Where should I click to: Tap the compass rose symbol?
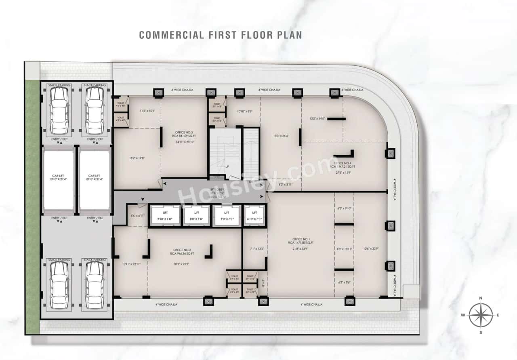481,315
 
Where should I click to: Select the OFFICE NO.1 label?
301,241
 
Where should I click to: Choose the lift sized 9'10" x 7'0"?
165,215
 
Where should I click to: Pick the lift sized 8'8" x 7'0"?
196,215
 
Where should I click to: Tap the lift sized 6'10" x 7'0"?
254,215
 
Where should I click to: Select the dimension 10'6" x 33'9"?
370,248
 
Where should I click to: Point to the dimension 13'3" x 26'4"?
281,136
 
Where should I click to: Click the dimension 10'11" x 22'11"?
131,264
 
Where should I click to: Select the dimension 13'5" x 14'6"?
317,119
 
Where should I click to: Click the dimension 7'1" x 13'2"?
256,248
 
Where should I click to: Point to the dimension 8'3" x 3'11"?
286,185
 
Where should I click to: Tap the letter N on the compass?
481,298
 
